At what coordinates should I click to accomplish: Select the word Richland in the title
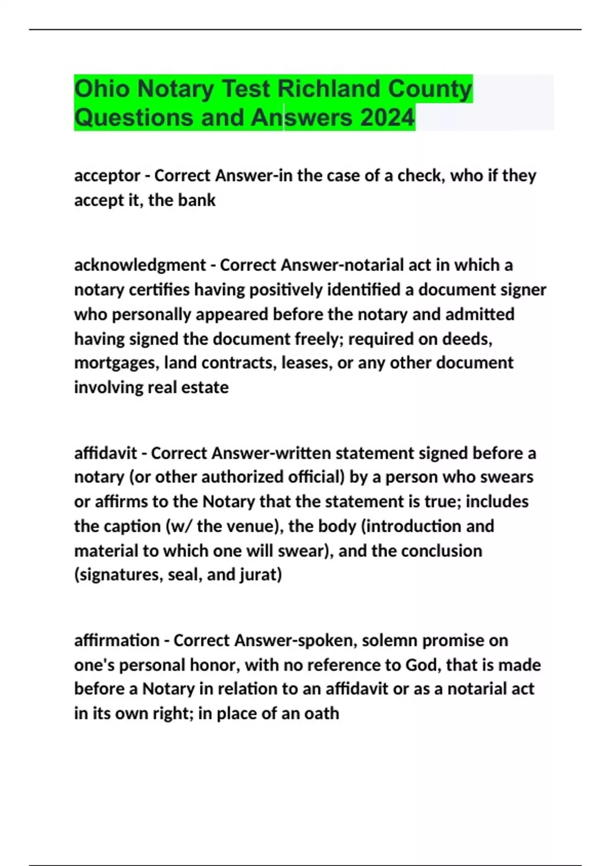(328, 89)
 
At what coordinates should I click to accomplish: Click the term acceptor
(107, 176)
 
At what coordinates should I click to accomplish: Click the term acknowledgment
(140, 265)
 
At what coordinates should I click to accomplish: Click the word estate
(205, 388)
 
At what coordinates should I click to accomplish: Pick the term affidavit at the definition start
(105, 453)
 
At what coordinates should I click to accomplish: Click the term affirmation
(117, 640)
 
